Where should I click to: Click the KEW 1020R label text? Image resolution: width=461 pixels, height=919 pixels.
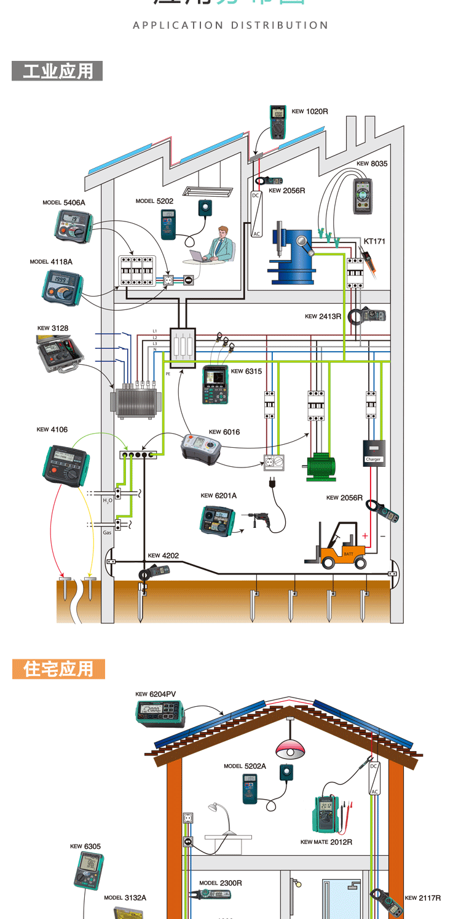point(310,112)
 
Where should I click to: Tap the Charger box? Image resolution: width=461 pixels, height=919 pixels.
point(374,453)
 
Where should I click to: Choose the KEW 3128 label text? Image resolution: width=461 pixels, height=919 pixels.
point(53,328)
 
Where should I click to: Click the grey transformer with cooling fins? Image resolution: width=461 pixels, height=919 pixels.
point(136,402)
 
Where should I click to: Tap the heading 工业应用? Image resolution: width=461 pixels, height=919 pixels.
point(57,71)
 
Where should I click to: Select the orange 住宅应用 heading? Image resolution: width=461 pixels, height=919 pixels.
point(58,669)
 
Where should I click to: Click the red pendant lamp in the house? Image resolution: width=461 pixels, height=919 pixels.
point(290,749)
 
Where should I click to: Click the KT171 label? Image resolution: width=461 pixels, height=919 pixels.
point(374,242)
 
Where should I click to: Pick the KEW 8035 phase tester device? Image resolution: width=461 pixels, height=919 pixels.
point(363,196)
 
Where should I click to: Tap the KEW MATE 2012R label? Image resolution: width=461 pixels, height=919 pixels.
point(326,842)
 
